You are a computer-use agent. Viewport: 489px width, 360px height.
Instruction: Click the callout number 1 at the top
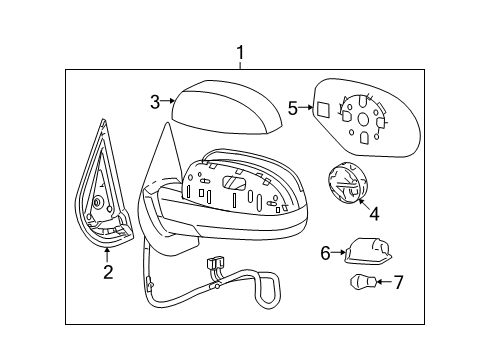(x=239, y=52)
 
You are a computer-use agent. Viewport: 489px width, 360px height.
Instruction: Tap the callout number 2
(x=108, y=270)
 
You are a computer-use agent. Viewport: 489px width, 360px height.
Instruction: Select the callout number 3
(x=156, y=100)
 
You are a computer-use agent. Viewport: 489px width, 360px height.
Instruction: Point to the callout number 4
(x=373, y=212)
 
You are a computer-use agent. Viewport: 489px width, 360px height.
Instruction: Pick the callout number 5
(x=293, y=107)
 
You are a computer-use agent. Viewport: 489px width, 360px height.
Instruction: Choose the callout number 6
(x=325, y=254)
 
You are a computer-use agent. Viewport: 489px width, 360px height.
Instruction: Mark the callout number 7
(x=398, y=282)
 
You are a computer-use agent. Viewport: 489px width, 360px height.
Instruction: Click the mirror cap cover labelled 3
(x=225, y=111)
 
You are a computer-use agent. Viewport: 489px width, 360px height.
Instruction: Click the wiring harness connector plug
(x=214, y=265)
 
